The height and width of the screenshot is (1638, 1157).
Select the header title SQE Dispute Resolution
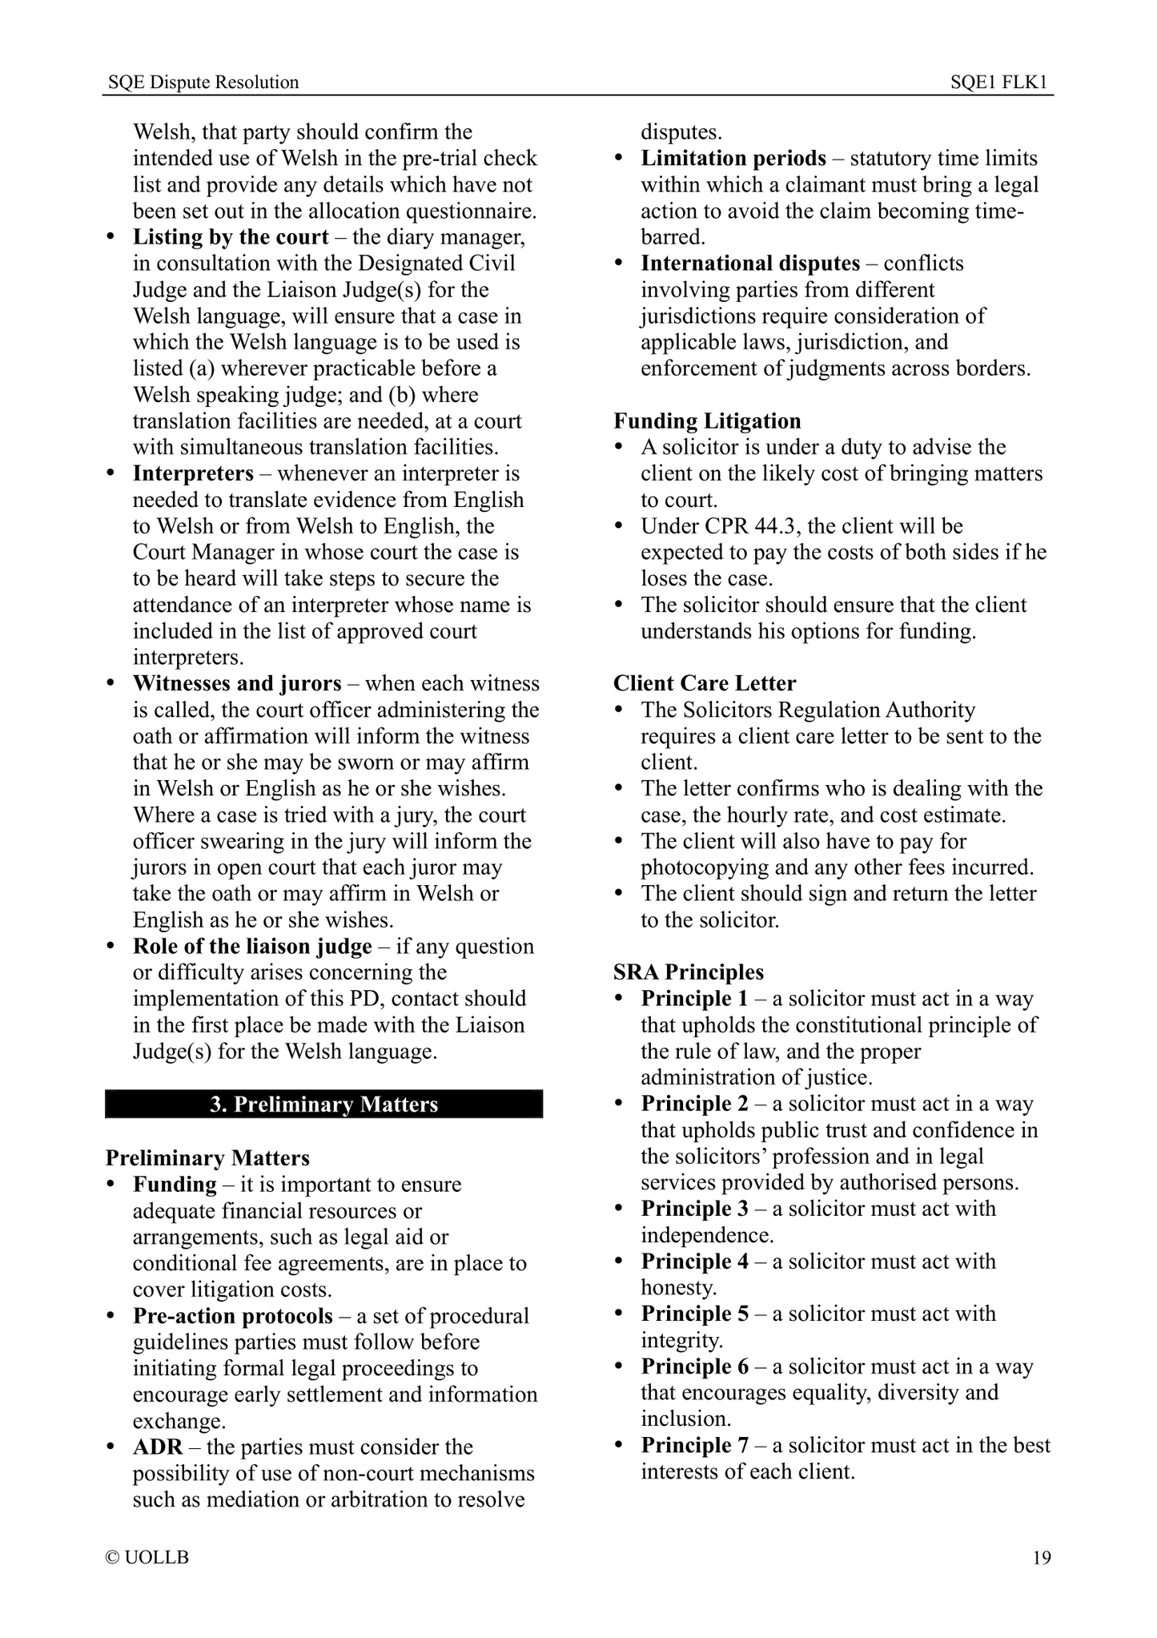pyautogui.click(x=203, y=82)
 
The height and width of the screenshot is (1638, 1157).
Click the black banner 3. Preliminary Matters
pyautogui.click(x=324, y=1105)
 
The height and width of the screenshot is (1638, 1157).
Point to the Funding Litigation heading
pyautogui.click(x=707, y=421)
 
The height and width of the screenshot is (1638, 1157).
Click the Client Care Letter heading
pyautogui.click(x=705, y=683)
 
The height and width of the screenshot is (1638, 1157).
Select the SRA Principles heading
pyautogui.click(x=689, y=972)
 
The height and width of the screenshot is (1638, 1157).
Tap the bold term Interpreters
pyautogui.click(x=193, y=473)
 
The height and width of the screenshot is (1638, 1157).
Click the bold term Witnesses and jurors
pyautogui.click(x=237, y=683)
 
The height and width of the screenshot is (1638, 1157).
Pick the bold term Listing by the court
pyautogui.click(x=231, y=237)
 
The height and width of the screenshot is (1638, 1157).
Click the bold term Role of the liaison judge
pyautogui.click(x=252, y=946)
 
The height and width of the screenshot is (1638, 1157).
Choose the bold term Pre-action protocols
pyautogui.click(x=232, y=1316)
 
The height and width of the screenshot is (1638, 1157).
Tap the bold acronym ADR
pyautogui.click(x=158, y=1447)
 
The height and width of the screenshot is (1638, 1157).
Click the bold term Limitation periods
pyautogui.click(x=733, y=158)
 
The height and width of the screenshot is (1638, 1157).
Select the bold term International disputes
pyautogui.click(x=750, y=264)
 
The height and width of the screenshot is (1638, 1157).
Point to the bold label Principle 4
pyautogui.click(x=694, y=1262)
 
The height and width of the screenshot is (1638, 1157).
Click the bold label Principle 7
pyautogui.click(x=694, y=1445)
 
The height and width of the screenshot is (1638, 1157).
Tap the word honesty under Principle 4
pyautogui.click(x=677, y=1287)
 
